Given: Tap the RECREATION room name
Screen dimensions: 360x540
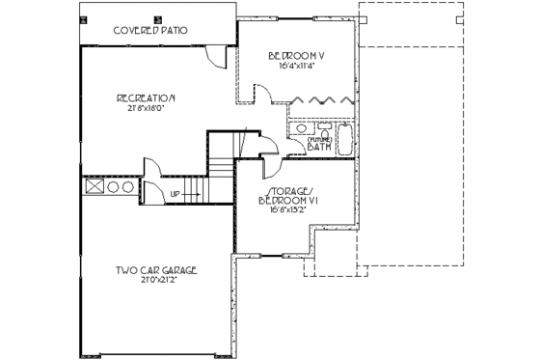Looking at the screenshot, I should point(146,97).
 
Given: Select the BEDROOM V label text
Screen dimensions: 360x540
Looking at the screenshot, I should point(296,56).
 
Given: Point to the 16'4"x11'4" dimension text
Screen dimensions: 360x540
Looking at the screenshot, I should point(296,67).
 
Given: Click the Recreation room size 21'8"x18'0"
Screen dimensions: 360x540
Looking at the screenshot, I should point(146,108).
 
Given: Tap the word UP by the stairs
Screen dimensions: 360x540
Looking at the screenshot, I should point(175,194).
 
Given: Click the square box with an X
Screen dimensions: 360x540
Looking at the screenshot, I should point(94,187).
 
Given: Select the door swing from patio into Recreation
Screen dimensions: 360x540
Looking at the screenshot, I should point(217,56).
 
